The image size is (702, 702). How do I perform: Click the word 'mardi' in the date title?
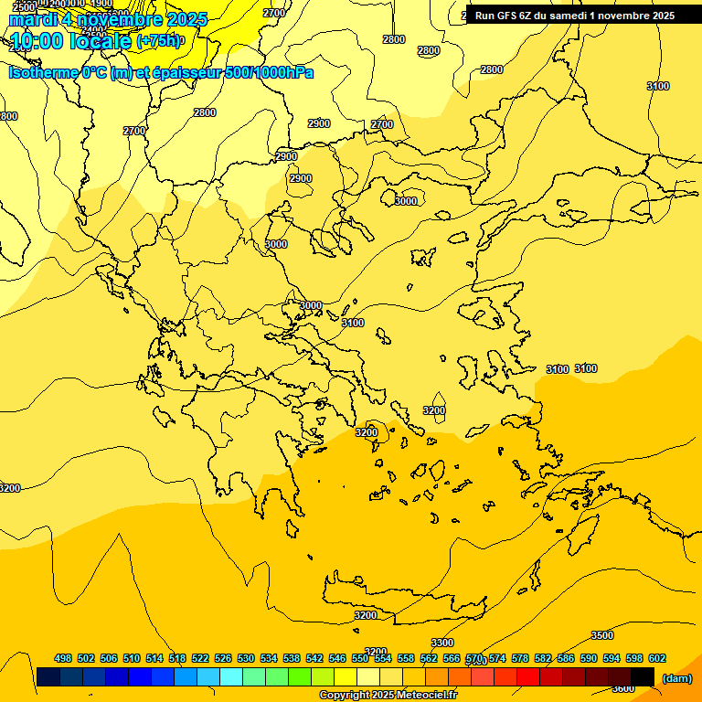[32, 19]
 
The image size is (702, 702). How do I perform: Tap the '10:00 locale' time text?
[69, 41]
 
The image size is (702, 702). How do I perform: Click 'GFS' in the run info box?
[508, 16]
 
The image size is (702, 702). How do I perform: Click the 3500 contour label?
[602, 635]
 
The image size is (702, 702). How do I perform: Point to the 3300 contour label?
[442, 643]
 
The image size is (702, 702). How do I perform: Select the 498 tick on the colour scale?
[63, 658]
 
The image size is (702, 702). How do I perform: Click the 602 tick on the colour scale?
[657, 658]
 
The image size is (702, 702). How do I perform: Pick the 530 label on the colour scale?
[246, 658]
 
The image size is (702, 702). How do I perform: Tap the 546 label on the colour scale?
[337, 658]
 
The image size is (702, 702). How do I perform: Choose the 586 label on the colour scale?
[566, 658]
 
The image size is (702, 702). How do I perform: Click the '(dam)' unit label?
[677, 678]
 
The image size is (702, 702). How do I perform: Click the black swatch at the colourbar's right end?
[643, 677]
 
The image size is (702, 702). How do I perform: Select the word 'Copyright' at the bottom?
[346, 696]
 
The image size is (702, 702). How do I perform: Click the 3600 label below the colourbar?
[622, 689]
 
